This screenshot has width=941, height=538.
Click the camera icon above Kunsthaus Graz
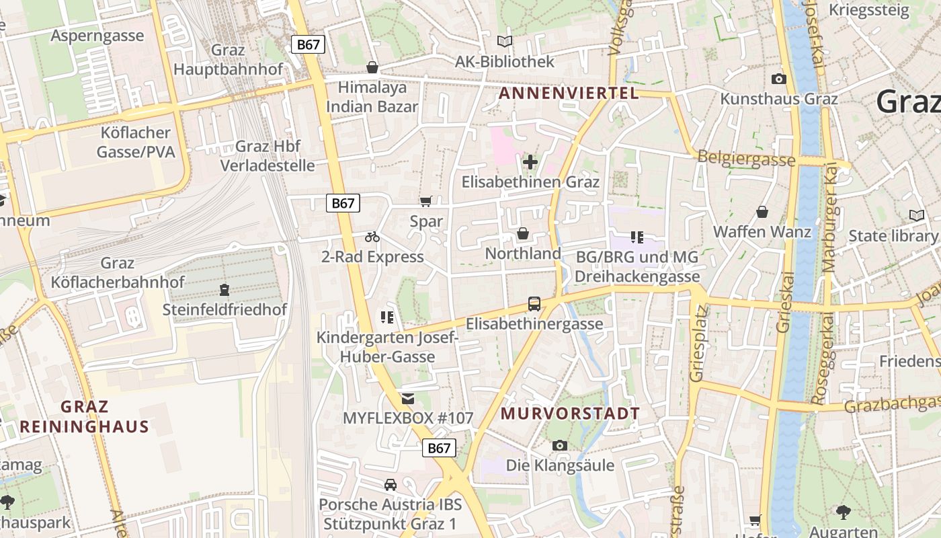(x=779, y=79)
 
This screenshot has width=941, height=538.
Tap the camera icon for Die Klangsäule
(x=559, y=445)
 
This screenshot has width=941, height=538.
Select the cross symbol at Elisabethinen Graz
(x=530, y=162)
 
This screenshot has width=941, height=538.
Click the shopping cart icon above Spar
(x=425, y=201)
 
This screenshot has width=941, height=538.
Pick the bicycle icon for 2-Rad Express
(x=372, y=237)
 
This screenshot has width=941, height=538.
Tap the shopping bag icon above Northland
(x=523, y=233)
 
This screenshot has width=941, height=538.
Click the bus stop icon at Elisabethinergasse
(x=534, y=304)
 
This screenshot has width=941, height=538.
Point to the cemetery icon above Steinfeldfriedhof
(x=224, y=290)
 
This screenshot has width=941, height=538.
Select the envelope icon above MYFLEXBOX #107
(x=408, y=399)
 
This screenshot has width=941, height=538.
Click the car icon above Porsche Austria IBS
(x=390, y=484)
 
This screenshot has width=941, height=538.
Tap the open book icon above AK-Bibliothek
(x=505, y=42)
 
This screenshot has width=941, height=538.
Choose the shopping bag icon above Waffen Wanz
(x=762, y=212)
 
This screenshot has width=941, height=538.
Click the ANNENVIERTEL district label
(x=569, y=93)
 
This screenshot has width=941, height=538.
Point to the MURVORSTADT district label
(x=571, y=413)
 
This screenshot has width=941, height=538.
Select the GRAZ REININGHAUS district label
(x=85, y=416)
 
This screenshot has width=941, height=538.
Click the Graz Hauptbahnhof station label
(x=229, y=60)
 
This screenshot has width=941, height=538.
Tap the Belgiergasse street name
(x=746, y=159)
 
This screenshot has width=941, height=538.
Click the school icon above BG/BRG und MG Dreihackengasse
(x=637, y=237)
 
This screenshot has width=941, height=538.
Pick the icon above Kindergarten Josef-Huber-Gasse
(x=387, y=317)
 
